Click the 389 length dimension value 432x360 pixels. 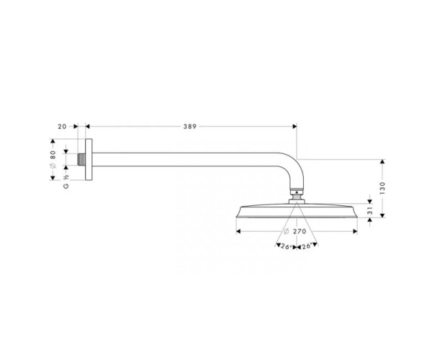click(190, 127)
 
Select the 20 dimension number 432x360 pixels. click(62, 127)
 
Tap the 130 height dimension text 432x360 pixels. click(382, 188)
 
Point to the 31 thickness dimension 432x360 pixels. click(370, 211)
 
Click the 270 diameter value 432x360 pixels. click(300, 231)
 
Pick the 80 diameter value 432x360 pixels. click(53, 155)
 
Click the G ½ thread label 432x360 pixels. click(66, 181)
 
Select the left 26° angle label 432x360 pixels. click(287, 246)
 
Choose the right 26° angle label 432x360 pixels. click(307, 246)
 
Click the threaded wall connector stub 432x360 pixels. click(81, 159)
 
